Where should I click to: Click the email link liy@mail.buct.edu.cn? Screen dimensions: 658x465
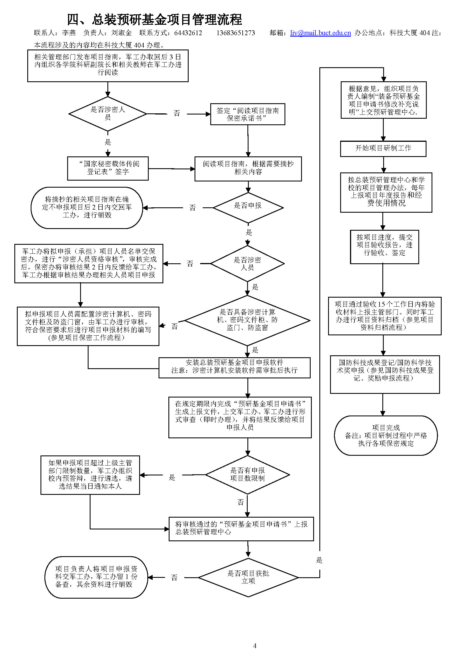click(320, 33)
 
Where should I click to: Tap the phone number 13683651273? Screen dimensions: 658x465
click(235, 33)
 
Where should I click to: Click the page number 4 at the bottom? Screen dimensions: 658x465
click(254, 646)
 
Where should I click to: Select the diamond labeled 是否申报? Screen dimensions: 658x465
click(248, 207)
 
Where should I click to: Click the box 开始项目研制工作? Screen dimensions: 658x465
click(383, 149)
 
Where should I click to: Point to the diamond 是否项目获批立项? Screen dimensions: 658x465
click(248, 577)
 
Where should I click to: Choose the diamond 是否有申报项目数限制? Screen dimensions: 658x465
click(247, 475)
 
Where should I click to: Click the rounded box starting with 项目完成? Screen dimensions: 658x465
click(385, 435)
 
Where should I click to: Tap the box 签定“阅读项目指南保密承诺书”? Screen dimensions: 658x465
click(247, 114)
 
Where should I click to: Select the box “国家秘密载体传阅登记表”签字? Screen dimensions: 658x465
click(108, 168)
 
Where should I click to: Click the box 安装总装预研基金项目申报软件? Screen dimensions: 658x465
click(234, 367)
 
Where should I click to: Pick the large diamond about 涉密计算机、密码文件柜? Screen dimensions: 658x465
click(247, 320)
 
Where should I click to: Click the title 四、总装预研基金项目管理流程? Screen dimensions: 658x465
click(154, 20)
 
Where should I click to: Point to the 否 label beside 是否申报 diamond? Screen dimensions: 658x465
click(192, 208)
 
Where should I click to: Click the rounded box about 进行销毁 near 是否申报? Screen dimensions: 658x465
click(87, 208)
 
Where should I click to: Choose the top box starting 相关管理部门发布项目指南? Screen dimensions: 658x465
click(108, 66)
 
